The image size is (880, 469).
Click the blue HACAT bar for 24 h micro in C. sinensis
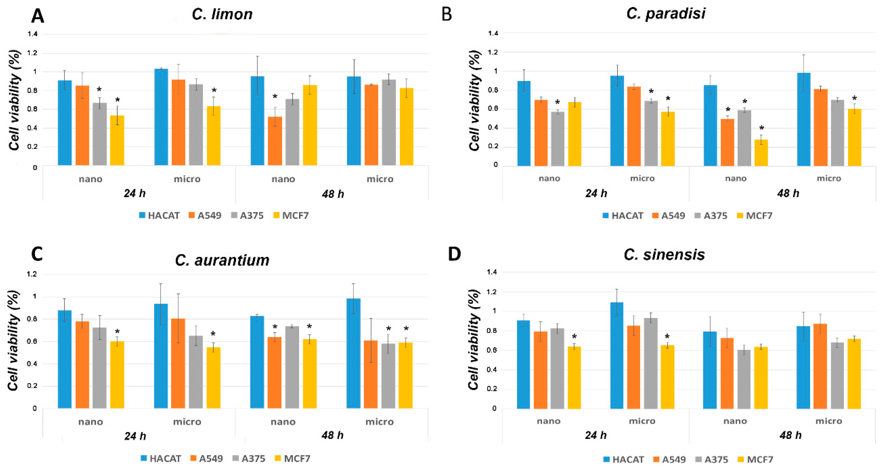tap(617, 355)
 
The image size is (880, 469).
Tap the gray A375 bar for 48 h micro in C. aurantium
tap(388, 376)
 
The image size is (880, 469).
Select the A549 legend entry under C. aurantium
tap(207, 458)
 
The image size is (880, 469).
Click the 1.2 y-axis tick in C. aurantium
tap(33, 274)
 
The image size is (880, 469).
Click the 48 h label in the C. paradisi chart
tap(788, 193)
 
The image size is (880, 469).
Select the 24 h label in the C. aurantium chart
tap(135, 436)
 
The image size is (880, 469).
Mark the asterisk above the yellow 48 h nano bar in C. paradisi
tap(762, 128)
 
